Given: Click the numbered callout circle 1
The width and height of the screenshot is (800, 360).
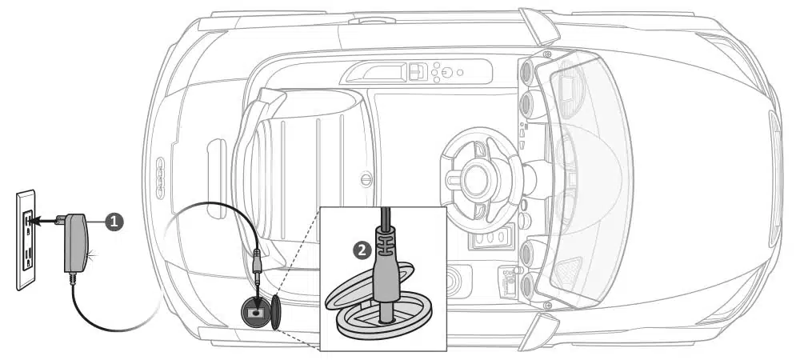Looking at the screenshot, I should click(x=114, y=222).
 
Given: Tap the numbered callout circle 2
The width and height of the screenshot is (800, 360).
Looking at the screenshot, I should click(x=362, y=250).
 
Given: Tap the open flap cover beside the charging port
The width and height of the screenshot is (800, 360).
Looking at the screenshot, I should click(x=276, y=311).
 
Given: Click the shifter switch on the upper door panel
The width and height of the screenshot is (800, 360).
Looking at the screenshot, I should click(x=415, y=72).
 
